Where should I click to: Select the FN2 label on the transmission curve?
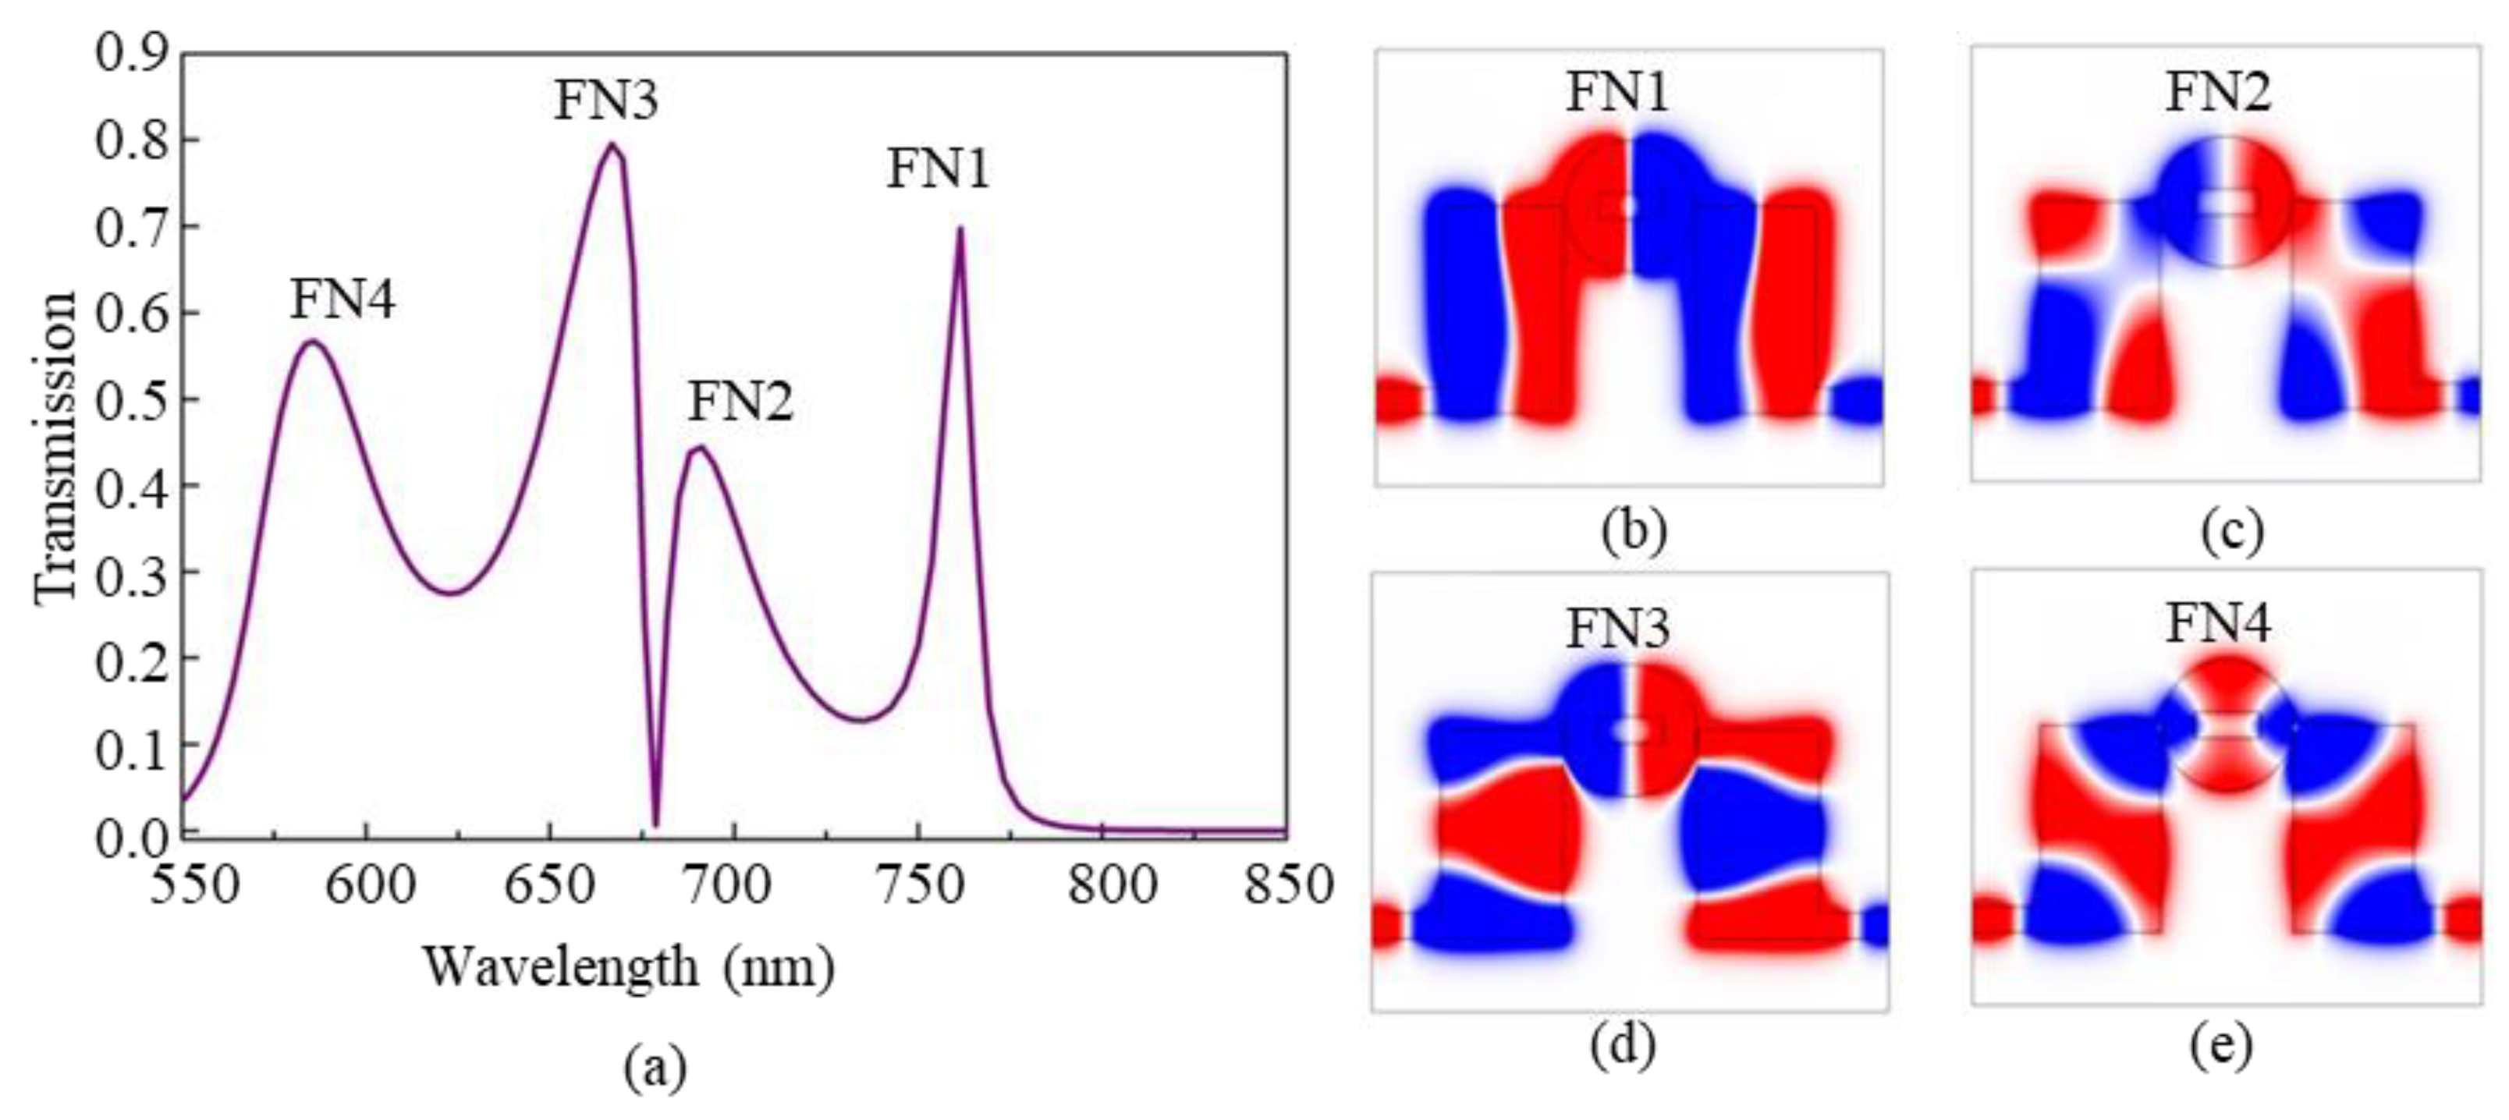[740, 400]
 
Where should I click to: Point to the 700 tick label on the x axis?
[733, 885]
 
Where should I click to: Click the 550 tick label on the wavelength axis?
[193, 885]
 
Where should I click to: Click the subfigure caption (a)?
[654, 1069]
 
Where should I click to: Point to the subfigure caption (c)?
[2231, 531]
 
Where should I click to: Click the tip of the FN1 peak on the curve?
[960, 230]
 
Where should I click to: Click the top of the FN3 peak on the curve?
[612, 145]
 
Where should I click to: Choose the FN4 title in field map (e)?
[2218, 623]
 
